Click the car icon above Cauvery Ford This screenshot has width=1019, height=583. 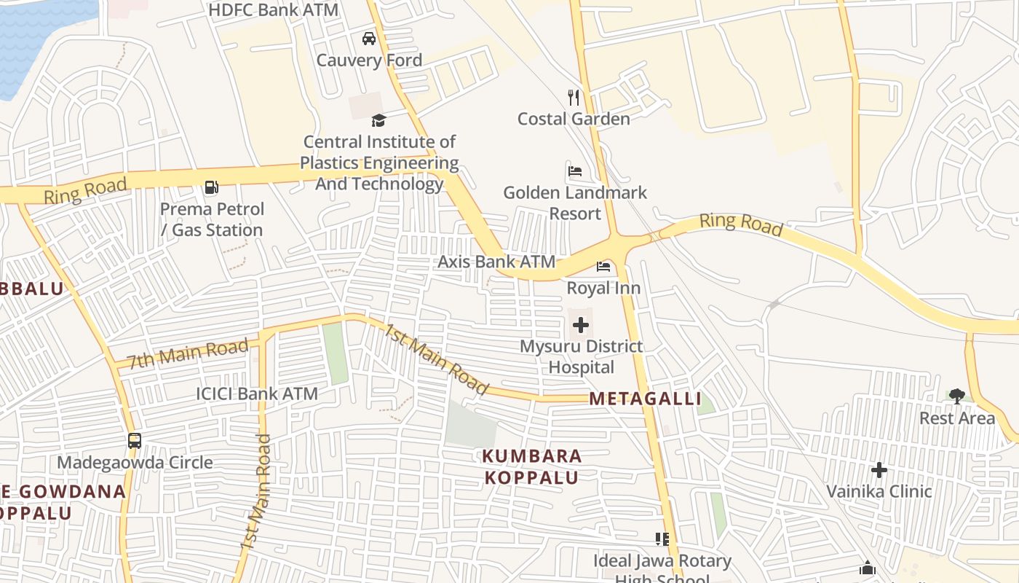(369, 39)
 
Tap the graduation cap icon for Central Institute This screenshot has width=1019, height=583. (378, 120)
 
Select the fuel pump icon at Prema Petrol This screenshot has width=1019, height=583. (211, 188)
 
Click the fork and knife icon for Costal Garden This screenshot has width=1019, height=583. (574, 98)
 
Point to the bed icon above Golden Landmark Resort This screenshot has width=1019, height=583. (575, 172)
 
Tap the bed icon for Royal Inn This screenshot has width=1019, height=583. (603, 267)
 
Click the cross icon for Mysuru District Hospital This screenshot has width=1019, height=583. (581, 325)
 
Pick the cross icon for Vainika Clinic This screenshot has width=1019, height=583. (879, 470)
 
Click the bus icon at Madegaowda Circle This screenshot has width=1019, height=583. (135, 441)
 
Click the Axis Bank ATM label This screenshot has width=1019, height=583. (496, 262)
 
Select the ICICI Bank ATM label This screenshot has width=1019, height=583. (257, 394)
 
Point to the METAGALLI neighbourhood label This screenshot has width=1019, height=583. (645, 399)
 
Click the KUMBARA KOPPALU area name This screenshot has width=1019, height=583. (532, 467)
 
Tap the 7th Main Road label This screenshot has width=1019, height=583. (188, 353)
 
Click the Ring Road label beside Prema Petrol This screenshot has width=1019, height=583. (85, 190)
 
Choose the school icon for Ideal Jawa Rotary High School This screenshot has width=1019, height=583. (662, 539)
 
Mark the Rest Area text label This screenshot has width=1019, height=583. (956, 418)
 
